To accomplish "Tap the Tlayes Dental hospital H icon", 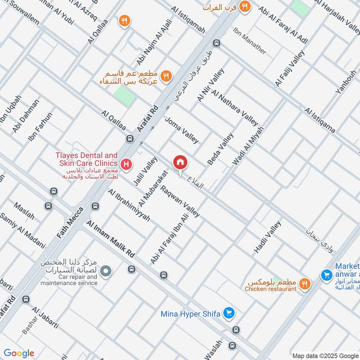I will pos(127,163).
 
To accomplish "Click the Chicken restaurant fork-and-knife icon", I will pos(305,283).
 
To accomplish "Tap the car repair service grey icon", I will pos(106,271).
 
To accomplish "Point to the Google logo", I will pos(19,353).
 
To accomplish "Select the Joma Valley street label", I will pos(181,130).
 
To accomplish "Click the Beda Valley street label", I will pos(220,148).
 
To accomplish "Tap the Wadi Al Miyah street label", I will pos(248,145).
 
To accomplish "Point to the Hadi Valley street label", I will pos(267,237).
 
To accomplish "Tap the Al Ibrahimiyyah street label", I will pos(129,205).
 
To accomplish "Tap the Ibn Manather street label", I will pos(249,41).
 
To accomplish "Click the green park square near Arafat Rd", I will pos(124,96).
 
